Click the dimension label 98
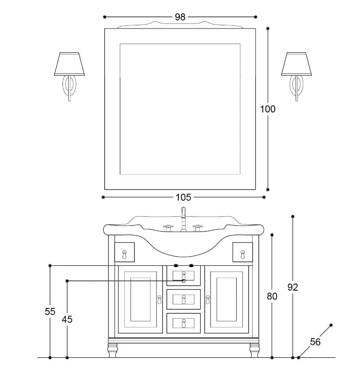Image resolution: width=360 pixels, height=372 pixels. point(180,17)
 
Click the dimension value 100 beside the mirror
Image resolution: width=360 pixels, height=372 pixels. point(268,109)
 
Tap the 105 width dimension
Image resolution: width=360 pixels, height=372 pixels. point(183,197)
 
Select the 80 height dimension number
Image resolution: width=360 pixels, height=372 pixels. point(272,296)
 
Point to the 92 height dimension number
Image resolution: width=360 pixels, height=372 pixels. point(293,288)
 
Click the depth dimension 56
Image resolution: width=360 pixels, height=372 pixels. point(315,342)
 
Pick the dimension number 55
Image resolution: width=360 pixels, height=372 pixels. point(50,312)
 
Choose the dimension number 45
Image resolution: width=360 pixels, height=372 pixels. point(67,319)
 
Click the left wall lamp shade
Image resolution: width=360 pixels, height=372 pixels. point(69,64)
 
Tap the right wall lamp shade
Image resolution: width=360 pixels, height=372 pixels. point(297,64)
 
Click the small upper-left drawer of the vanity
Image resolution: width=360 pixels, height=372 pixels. point(124,252)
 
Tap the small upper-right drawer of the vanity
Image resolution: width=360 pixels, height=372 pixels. point(242,252)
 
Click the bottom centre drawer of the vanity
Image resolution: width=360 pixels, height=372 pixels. point(183,323)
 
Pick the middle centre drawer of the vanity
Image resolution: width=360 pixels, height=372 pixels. point(183,300)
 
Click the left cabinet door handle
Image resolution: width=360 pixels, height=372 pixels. point(159,300)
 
